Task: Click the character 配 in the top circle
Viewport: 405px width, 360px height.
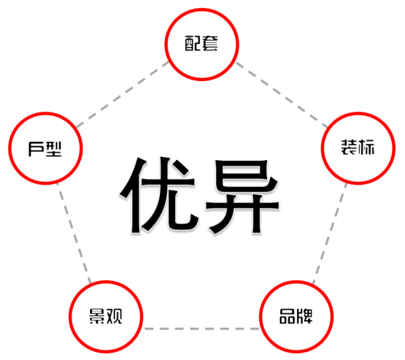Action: point(193,43)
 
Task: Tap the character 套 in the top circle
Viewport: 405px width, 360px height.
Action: point(210,43)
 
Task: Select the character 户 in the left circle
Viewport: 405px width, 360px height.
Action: point(36,149)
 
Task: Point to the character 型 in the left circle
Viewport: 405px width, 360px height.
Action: point(54,149)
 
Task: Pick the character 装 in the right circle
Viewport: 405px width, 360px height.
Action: point(349,147)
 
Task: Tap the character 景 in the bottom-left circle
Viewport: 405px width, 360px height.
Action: point(97,316)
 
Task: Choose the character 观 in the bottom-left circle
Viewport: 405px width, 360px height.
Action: point(114,316)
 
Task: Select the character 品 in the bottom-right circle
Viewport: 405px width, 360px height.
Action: point(287,316)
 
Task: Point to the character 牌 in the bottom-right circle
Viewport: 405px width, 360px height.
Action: point(304,316)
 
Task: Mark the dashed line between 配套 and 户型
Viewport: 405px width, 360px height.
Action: point(122,94)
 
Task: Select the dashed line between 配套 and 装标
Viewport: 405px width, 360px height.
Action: point(282,95)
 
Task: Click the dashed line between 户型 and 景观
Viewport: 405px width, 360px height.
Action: point(74,233)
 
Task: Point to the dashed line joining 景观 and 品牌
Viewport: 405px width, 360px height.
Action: point(201,329)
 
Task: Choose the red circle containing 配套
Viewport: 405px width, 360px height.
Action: point(202,9)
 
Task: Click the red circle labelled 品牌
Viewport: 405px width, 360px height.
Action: point(297,282)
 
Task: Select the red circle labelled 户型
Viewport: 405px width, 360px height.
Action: point(45,113)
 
